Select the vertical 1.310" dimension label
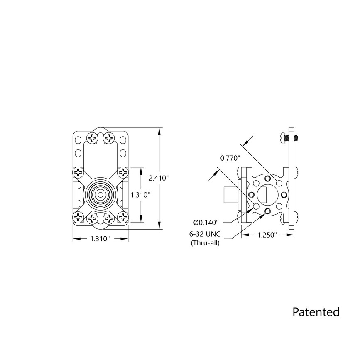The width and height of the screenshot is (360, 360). tap(141, 194)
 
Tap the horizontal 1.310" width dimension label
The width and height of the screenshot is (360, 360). tap(100, 239)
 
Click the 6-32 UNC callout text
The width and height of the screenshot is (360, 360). tap(205, 235)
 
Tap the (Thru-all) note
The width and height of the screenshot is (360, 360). tap(205, 243)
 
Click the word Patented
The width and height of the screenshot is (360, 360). tap(316, 311)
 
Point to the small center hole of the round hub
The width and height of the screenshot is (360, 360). tap(100, 194)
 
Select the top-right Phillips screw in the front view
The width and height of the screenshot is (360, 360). tap(109, 137)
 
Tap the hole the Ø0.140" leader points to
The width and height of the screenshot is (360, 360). tap(256, 206)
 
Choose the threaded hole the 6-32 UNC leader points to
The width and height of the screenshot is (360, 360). tap(267, 212)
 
